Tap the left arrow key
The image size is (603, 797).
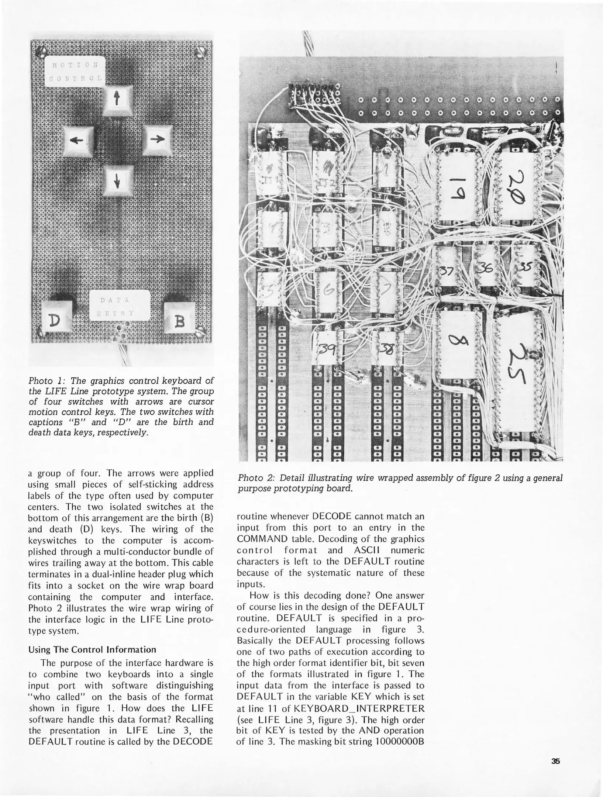[78, 140]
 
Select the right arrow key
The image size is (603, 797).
[157, 139]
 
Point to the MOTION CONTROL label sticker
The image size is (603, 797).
[75, 72]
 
